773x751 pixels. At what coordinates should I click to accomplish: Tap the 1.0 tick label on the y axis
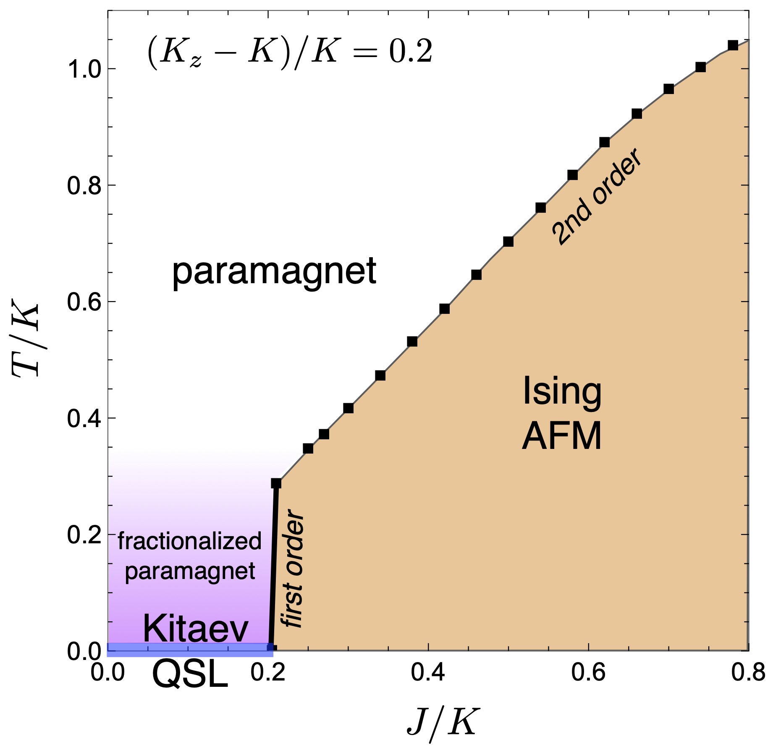pos(84,69)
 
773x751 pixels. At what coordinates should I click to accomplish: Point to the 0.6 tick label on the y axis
pos(84,302)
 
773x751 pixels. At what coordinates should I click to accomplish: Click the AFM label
pos(562,436)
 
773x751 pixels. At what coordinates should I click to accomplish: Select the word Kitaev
pos(196,628)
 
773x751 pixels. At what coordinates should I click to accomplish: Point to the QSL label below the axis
pos(190,675)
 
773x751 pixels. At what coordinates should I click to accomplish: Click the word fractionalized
pos(189,541)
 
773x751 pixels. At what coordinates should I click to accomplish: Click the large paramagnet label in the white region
pos(274,272)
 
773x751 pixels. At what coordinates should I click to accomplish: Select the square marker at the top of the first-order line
pos(276,483)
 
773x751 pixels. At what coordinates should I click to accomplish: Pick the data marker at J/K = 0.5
pos(508,242)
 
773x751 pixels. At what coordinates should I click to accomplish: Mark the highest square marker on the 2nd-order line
pos(733,45)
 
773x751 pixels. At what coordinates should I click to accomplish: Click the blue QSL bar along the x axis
pos(189,650)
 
